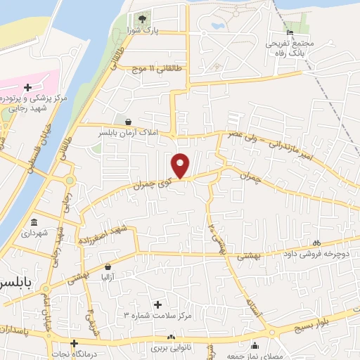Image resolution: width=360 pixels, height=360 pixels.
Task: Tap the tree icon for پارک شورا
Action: coord(143,18)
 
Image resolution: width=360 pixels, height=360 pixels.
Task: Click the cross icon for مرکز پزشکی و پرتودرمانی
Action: coord(27,87)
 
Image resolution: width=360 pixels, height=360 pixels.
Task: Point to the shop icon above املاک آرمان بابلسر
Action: coord(127,121)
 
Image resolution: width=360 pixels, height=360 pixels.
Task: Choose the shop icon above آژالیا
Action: coord(108,267)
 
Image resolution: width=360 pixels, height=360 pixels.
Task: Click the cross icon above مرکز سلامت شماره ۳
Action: coord(157,304)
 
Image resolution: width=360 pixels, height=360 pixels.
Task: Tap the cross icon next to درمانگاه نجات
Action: coord(73,342)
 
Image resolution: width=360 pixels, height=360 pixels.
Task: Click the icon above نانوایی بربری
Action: coord(171,337)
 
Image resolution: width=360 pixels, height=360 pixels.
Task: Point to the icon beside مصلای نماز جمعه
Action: coord(255,346)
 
